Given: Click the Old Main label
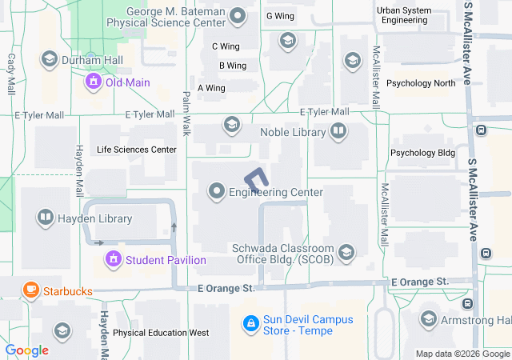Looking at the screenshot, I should [128, 82].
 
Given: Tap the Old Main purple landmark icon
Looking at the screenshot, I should [94, 82].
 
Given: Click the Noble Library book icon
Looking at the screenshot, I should [338, 131].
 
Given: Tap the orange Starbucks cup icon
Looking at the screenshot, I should [30, 290].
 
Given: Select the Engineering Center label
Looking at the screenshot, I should [276, 192].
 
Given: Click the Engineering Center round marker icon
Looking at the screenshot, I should [217, 191].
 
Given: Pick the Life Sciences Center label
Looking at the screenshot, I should [136, 150].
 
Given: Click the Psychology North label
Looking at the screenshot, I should [421, 82].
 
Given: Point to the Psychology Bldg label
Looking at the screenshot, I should [422, 153].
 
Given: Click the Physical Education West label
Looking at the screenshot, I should [161, 333].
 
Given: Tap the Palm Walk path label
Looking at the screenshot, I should [186, 111].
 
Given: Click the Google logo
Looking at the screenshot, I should [27, 350].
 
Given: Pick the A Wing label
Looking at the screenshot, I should [211, 88].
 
